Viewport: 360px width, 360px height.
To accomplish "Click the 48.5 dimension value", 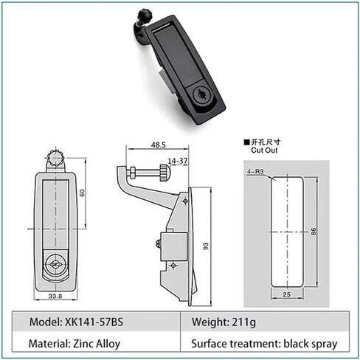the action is [x=158, y=145].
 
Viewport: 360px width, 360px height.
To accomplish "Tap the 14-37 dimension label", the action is [x=178, y=161].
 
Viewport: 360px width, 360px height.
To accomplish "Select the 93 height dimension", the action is [x=206, y=246].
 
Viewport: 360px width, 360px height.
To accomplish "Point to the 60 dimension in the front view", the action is [x=82, y=193].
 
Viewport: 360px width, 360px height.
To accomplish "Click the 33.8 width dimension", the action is [x=55, y=297].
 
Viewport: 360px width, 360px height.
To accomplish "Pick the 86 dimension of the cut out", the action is [x=314, y=232].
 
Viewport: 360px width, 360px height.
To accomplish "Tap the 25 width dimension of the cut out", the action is [x=286, y=294].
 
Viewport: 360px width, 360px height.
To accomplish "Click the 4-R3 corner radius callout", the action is [x=255, y=172].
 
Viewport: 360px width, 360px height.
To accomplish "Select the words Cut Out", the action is [x=264, y=150].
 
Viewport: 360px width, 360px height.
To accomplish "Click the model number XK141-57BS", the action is [x=94, y=322].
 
